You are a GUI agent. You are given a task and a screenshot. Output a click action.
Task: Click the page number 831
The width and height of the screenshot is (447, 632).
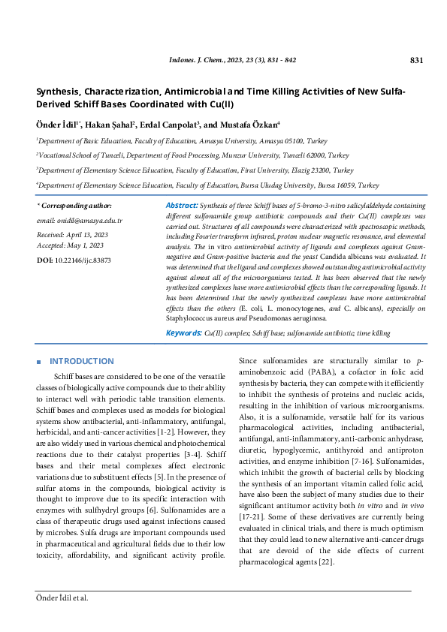417,60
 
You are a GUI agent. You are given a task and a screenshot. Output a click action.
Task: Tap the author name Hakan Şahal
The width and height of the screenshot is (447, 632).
110,125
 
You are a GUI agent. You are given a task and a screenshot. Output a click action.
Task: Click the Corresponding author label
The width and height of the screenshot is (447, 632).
76,205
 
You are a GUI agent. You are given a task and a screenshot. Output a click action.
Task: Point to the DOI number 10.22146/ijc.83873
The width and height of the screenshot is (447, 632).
83,260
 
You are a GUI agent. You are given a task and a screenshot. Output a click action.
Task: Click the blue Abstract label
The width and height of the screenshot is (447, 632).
181,205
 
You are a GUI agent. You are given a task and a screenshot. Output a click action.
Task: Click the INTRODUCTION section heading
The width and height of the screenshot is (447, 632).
82,361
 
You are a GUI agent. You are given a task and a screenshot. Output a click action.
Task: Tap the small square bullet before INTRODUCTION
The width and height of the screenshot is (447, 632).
38,362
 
